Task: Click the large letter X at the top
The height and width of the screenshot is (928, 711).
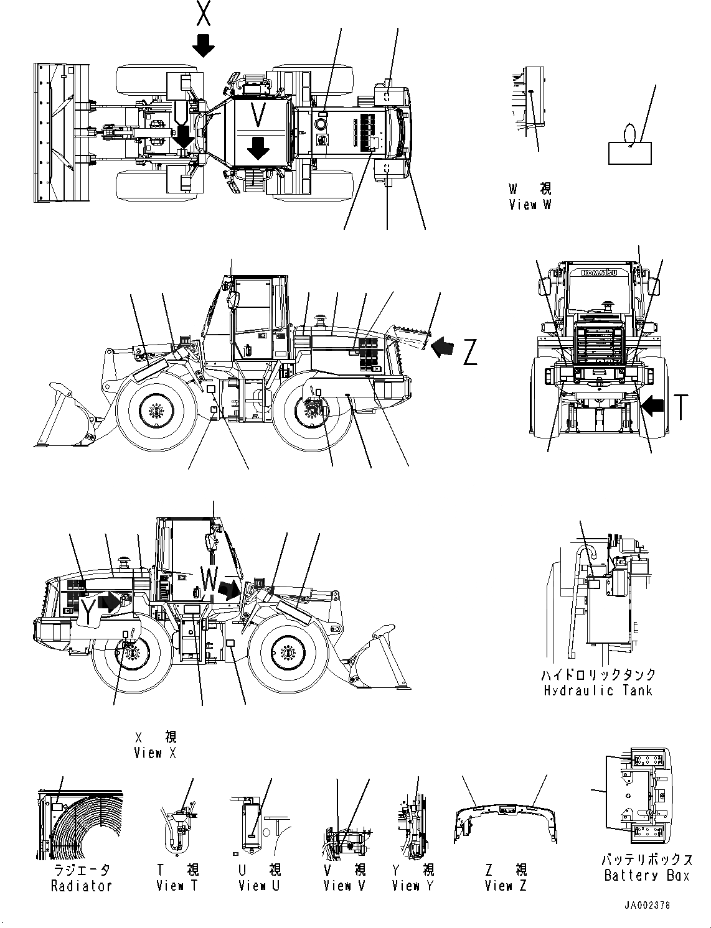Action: [x=203, y=14]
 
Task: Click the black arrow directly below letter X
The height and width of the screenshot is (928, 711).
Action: [x=203, y=45]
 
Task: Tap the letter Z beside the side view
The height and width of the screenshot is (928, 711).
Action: [x=470, y=353]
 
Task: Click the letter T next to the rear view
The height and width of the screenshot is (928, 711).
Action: [x=682, y=407]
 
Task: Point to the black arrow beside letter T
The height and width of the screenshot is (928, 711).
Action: [x=654, y=407]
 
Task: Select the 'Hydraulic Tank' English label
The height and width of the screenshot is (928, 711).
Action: [x=597, y=690]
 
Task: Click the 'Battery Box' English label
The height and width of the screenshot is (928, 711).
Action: [x=646, y=876]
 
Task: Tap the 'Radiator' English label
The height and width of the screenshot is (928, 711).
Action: [x=81, y=886]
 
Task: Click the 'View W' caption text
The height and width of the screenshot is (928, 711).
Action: [x=529, y=204]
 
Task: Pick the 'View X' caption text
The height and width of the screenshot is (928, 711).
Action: [x=156, y=753]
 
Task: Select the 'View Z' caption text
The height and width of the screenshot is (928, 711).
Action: [x=506, y=886]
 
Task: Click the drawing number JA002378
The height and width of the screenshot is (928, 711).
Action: [x=648, y=906]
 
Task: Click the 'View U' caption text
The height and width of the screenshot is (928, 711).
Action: [x=260, y=886]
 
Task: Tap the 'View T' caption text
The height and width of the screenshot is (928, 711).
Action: [x=177, y=886]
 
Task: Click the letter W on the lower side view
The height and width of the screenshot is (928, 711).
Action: [x=209, y=581]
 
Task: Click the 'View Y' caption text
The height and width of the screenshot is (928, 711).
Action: [x=413, y=886]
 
